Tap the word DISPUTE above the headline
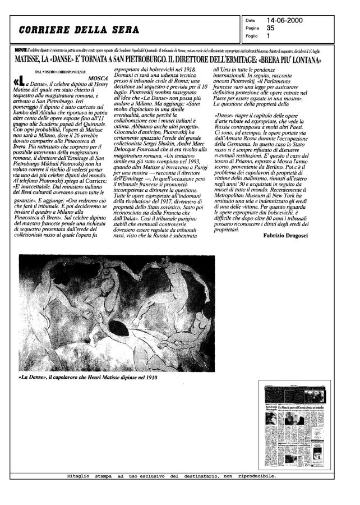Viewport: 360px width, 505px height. click(x=24, y=50)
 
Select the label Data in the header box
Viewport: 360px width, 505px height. click(x=250, y=21)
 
